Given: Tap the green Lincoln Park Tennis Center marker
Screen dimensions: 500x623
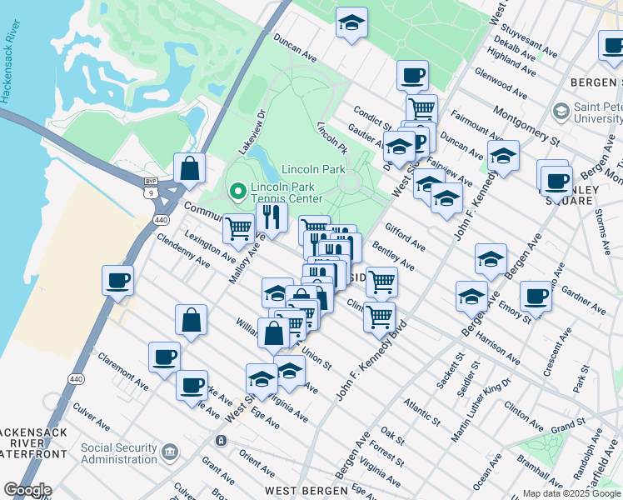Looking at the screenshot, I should point(238,192).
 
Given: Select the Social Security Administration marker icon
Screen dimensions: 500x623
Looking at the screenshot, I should point(170,452).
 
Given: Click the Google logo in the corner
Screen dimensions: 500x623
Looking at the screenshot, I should point(27,490).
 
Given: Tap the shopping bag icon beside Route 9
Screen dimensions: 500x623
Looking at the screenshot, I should point(191,167).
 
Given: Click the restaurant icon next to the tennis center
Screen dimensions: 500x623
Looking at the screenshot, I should point(272,217).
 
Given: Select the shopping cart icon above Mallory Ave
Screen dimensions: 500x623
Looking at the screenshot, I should point(239,227).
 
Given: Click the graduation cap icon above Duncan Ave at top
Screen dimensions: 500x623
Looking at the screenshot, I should point(352,22).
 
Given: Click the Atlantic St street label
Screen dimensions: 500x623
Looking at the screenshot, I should point(422,408).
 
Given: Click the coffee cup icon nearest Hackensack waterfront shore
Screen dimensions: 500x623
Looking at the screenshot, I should point(117,279).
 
